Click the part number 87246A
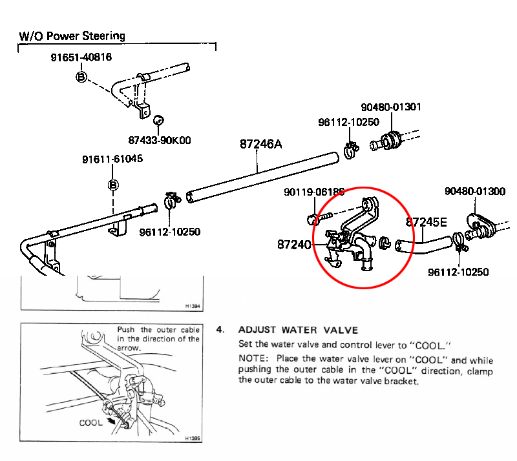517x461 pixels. coord(261,145)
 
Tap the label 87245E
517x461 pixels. coord(426,222)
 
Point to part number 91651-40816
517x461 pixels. coord(81,57)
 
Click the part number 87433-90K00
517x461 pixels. coord(160,139)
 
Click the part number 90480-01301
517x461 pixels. coord(391,107)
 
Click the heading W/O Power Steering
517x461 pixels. coord(71,36)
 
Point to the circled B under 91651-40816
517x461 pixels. coord(81,77)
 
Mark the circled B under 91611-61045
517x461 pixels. coord(112,186)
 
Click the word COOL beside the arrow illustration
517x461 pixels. coord(91,424)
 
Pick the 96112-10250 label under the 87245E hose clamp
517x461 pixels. coord(458,272)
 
